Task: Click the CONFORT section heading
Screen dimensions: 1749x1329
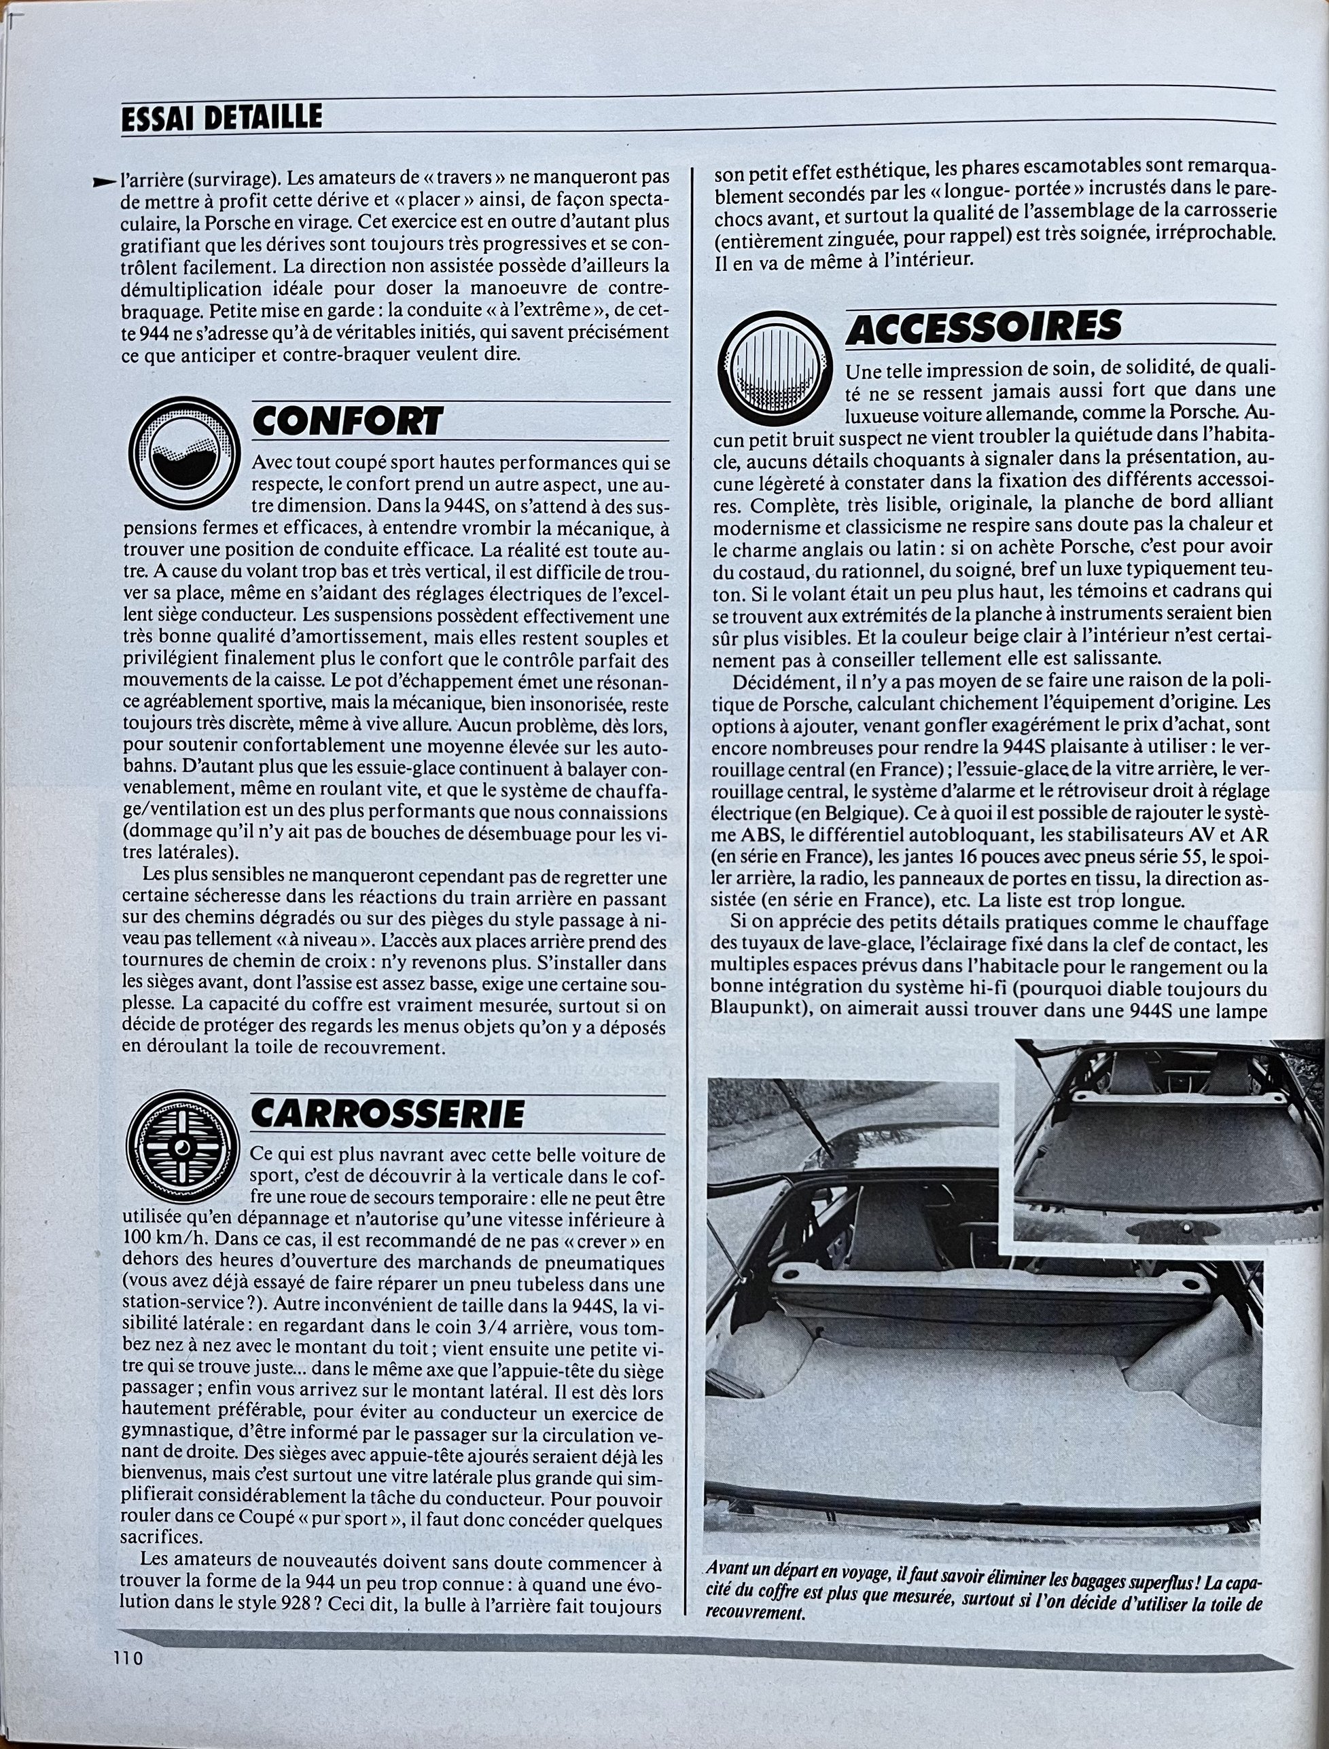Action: click(347, 422)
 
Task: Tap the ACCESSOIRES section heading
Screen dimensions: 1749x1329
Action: click(983, 326)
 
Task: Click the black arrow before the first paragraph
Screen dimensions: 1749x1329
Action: click(105, 183)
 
